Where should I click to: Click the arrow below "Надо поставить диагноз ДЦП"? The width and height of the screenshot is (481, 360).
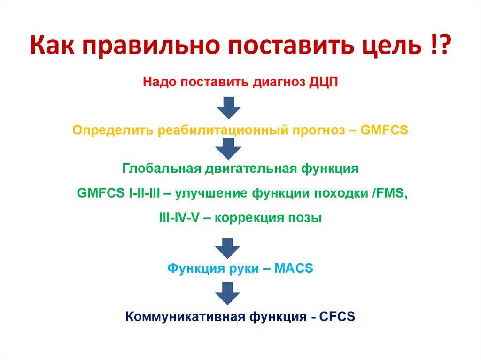229,107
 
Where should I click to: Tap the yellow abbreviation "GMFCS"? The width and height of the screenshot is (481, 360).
384,130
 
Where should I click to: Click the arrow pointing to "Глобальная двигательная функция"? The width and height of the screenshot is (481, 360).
228,148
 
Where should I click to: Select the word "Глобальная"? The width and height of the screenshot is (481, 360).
162,169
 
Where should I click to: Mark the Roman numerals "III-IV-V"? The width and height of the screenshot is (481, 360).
179,218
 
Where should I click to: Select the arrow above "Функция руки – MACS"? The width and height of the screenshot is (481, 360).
227,248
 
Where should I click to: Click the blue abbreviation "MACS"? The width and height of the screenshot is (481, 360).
294,268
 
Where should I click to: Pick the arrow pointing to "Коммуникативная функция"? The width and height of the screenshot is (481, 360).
227,293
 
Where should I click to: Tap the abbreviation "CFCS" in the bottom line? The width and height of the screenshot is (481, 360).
337,316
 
